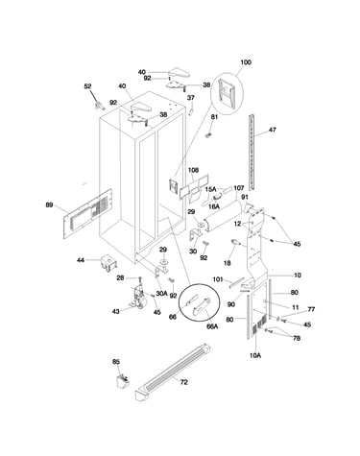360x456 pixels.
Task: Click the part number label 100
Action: [246, 62]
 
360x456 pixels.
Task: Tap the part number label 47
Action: [273, 130]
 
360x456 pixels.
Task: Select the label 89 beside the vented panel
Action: [49, 204]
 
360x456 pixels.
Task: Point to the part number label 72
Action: [184, 382]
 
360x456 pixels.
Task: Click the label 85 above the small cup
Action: [116, 362]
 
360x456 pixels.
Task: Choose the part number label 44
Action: [81, 260]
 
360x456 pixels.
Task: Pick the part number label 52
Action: [87, 86]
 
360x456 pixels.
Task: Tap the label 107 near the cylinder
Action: [239, 188]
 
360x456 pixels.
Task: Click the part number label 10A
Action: [255, 355]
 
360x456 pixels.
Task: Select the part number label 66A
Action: [212, 326]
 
